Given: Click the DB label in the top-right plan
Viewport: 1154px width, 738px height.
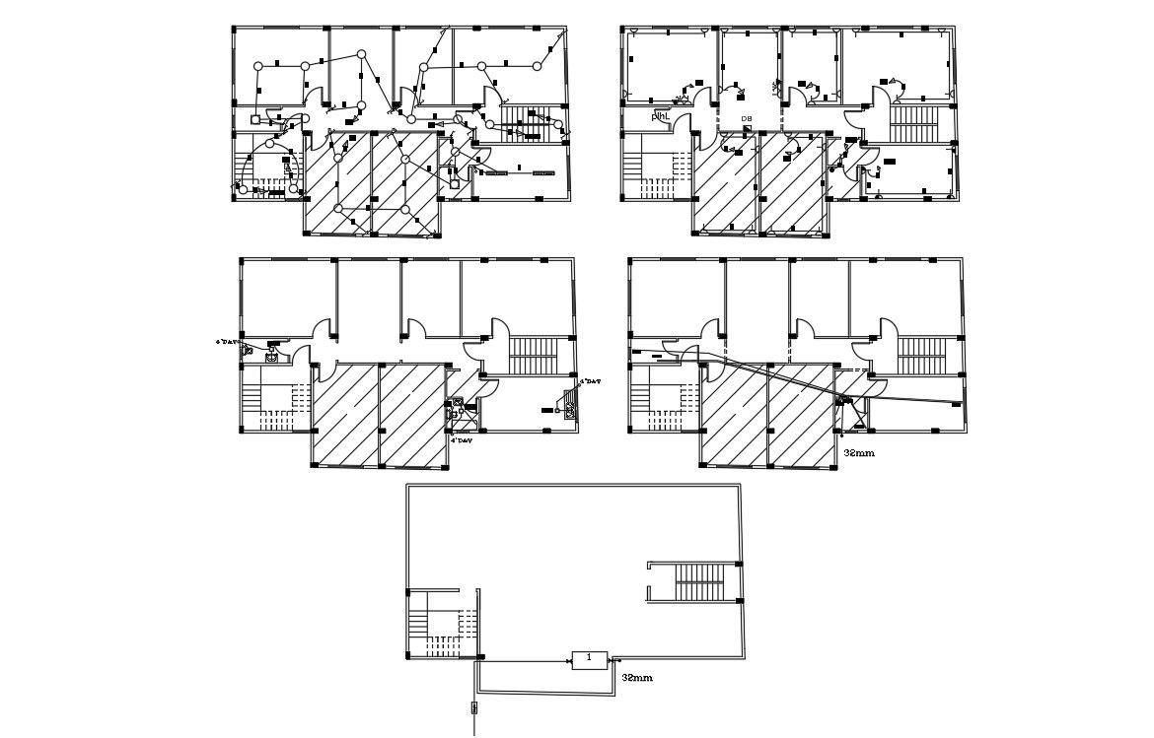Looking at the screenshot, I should pos(747,119).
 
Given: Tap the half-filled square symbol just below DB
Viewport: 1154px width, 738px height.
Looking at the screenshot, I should pos(746,130).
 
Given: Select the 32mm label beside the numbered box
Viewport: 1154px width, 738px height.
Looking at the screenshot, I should pos(637,678).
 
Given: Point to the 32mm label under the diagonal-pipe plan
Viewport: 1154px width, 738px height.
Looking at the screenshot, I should pos(859,454).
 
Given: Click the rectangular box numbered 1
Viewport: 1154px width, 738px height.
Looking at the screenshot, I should pos(589,658).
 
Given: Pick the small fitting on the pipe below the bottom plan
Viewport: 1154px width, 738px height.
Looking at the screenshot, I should pos(474,707).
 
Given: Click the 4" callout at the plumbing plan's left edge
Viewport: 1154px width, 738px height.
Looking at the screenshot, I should pos(229,342).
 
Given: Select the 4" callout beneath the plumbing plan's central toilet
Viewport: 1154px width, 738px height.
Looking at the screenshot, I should pos(463,440).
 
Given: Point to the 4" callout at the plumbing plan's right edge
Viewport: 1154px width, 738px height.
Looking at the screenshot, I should pos(590,380).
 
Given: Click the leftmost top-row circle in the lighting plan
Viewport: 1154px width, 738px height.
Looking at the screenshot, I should pos(258,66).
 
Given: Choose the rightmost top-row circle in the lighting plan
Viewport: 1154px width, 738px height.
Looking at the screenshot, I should pos(538,66).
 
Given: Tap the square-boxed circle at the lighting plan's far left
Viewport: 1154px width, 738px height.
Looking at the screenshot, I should pos(255,119).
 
